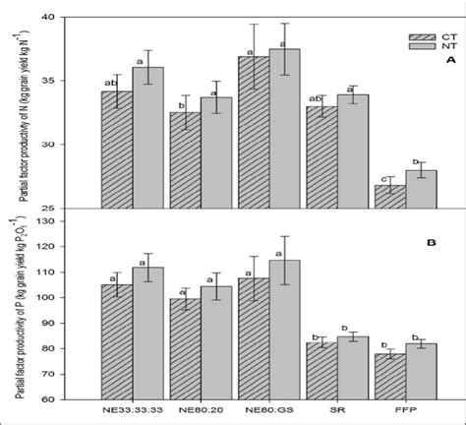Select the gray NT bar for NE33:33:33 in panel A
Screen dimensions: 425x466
[x=148, y=138]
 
